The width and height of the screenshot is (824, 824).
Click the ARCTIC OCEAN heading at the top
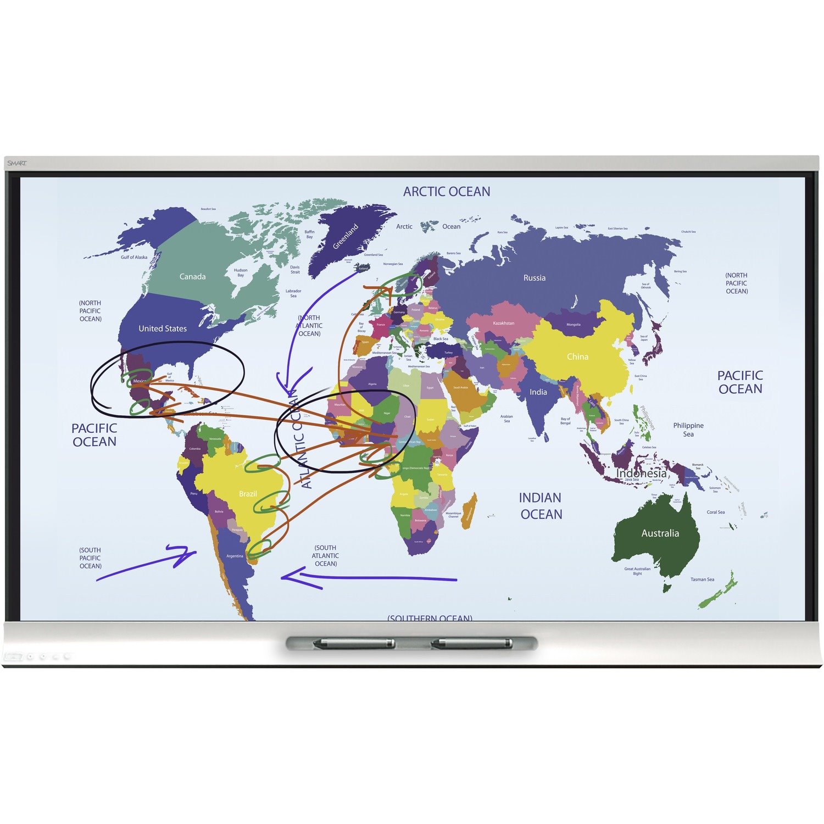click(x=447, y=192)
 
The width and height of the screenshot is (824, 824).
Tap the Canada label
click(x=192, y=277)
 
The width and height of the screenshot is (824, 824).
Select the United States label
click(x=163, y=329)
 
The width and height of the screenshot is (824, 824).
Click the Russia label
click(x=535, y=278)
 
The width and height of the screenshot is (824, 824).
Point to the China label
click(x=577, y=357)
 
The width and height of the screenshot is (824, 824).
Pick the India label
click(x=538, y=392)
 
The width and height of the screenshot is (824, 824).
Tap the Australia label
click(x=660, y=533)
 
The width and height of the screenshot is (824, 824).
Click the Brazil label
click(x=248, y=494)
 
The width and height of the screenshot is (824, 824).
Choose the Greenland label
click(x=346, y=236)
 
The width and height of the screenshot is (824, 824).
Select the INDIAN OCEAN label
click(x=541, y=506)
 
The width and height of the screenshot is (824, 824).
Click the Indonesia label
click(x=641, y=473)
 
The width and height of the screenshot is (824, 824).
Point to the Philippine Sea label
click(x=688, y=430)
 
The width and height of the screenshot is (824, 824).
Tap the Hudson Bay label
click(x=241, y=272)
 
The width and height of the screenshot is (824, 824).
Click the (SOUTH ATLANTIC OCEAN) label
click(x=325, y=555)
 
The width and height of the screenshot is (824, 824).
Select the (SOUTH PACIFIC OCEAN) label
click(x=90, y=558)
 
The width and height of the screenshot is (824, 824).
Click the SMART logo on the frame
click(x=17, y=163)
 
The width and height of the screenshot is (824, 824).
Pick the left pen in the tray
click(x=354, y=643)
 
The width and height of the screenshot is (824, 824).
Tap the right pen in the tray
click(x=471, y=643)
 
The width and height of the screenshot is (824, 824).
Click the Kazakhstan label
click(x=503, y=323)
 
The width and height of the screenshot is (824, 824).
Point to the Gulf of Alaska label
click(x=134, y=257)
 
